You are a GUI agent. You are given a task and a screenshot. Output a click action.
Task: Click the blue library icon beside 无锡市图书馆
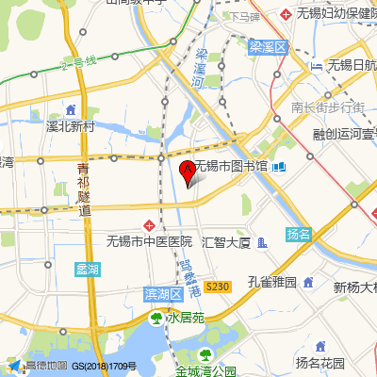tap(279, 168)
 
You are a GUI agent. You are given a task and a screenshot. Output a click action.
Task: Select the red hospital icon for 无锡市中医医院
tap(149, 226)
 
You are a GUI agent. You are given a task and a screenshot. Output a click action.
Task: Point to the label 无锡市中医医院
tap(149, 242)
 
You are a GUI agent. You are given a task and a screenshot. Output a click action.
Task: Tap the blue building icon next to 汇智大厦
tap(262, 243)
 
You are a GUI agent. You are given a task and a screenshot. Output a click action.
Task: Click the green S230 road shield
tap(218, 286)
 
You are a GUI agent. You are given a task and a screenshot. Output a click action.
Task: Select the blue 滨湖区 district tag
tap(162, 294)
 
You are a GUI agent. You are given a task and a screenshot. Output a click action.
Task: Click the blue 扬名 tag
tap(298, 234)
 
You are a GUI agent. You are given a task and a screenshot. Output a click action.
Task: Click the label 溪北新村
tap(71, 125)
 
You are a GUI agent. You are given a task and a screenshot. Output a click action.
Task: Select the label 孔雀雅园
tap(272, 282)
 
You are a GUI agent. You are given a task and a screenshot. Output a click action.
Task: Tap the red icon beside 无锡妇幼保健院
tap(288, 15)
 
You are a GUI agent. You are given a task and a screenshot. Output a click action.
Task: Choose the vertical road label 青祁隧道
tap(84, 188)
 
